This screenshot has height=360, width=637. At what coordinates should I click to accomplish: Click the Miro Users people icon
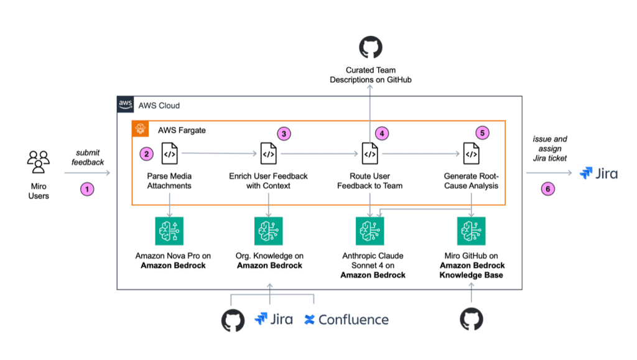[39, 162]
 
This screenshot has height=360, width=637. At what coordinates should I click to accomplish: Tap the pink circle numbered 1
[87, 189]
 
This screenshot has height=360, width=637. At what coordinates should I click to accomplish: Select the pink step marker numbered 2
[146, 154]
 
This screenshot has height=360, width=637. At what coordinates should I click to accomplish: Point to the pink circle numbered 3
[284, 134]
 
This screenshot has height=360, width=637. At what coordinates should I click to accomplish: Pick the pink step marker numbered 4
[382, 133]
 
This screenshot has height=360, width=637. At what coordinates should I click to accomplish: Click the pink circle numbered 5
[482, 132]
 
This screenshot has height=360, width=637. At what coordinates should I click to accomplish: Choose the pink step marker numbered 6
[547, 189]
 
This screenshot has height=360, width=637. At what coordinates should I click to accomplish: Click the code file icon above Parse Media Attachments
[169, 154]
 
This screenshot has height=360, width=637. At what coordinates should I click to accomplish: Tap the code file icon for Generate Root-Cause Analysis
[472, 154]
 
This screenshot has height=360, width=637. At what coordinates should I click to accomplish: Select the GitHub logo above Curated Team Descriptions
[371, 47]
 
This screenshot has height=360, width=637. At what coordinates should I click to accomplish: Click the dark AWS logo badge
[125, 104]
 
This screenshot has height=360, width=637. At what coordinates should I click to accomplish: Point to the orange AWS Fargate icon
[140, 129]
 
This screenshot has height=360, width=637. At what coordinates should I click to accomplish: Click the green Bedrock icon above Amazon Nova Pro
[169, 231]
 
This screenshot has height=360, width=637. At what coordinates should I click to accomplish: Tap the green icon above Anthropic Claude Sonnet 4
[370, 231]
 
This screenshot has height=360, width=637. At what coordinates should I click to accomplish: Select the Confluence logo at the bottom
[346, 320]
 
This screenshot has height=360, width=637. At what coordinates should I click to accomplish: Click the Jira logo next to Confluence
[274, 319]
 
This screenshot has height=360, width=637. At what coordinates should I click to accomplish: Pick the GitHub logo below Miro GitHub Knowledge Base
[472, 320]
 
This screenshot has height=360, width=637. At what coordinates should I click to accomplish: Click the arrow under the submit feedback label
[87, 173]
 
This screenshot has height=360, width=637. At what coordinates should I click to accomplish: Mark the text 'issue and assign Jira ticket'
[550, 149]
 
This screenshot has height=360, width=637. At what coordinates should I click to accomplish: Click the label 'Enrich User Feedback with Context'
[268, 181]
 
